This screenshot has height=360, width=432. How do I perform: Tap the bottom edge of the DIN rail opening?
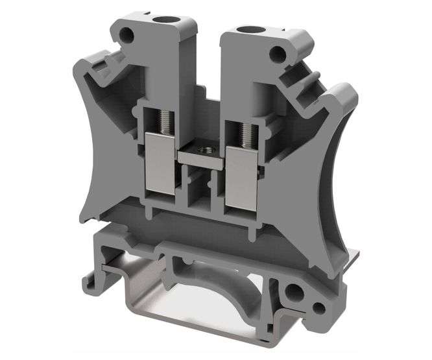[x=195, y=331]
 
